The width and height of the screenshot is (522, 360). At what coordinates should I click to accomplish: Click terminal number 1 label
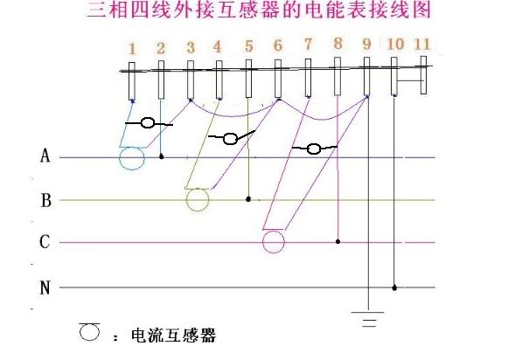[132, 49]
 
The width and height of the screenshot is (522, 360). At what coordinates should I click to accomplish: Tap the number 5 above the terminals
[248, 46]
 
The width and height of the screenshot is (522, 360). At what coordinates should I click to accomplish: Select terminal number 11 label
[422, 44]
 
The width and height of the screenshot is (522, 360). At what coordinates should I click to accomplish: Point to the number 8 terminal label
[338, 44]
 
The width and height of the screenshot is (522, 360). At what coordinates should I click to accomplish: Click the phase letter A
[45, 156]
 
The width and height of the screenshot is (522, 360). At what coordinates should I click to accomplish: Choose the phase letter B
[46, 201]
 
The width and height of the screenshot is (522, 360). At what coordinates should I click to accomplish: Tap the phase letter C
[45, 242]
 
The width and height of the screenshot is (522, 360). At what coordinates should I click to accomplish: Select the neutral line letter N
[45, 287]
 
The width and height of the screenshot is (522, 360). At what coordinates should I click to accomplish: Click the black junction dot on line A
[162, 156]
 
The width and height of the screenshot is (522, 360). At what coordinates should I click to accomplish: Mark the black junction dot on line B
[248, 199]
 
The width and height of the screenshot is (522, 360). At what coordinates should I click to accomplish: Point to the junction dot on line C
[338, 241]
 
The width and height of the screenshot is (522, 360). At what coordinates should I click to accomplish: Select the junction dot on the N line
[394, 287]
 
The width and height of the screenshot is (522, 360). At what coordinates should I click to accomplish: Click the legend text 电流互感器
[173, 336]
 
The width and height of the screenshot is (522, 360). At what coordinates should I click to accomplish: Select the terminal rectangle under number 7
[309, 78]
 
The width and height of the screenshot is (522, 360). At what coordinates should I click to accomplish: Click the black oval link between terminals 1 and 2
[148, 123]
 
